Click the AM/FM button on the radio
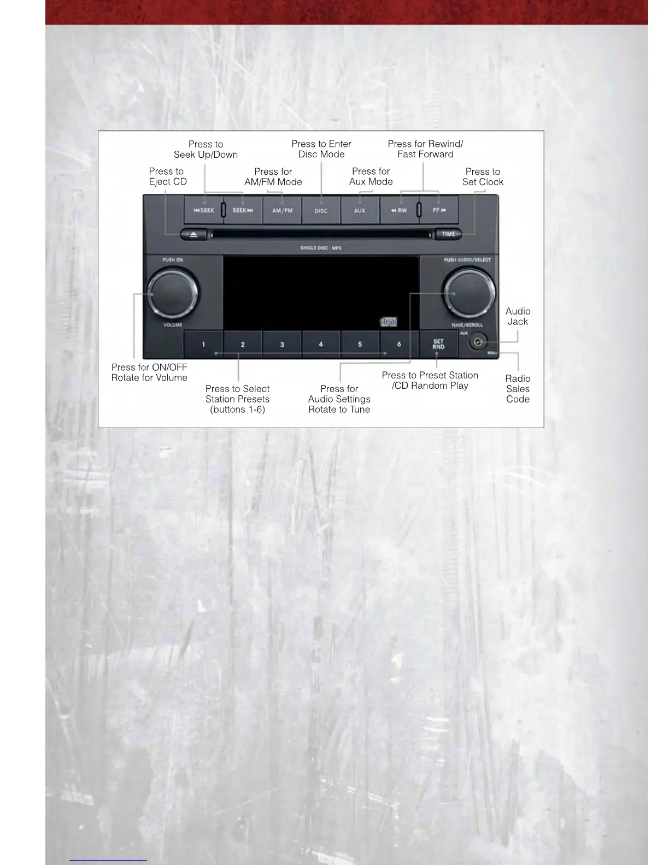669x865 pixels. coord(282,210)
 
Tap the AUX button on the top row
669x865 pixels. coord(359,210)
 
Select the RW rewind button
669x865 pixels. coord(399,210)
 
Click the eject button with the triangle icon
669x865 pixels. coord(193,234)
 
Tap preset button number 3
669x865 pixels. coord(282,344)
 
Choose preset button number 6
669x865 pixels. coord(399,344)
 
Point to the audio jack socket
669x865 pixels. coord(478,342)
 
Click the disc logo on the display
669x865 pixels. coord(389,322)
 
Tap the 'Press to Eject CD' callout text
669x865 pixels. coord(168,176)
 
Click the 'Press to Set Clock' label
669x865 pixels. coord(483,176)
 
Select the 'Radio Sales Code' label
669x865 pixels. coord(518,389)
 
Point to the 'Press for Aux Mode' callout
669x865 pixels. coord(371,176)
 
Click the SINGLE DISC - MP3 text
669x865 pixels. coord(321,248)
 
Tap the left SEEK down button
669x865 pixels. coord(203,210)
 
